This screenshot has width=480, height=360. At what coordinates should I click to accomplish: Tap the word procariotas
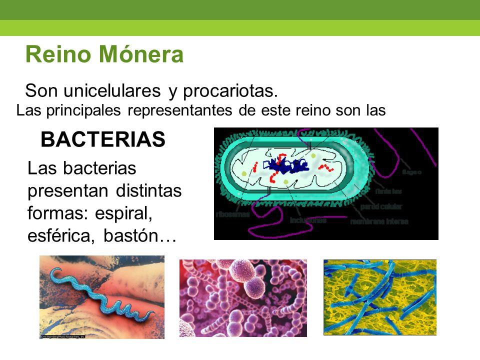(229, 91)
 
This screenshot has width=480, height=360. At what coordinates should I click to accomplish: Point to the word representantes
(180, 110)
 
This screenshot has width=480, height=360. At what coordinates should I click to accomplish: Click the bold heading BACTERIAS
(103, 140)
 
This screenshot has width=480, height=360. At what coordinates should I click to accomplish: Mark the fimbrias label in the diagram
(388, 191)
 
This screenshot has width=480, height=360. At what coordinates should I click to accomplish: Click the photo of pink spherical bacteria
(243, 297)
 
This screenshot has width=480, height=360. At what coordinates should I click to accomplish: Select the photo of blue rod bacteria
(379, 297)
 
